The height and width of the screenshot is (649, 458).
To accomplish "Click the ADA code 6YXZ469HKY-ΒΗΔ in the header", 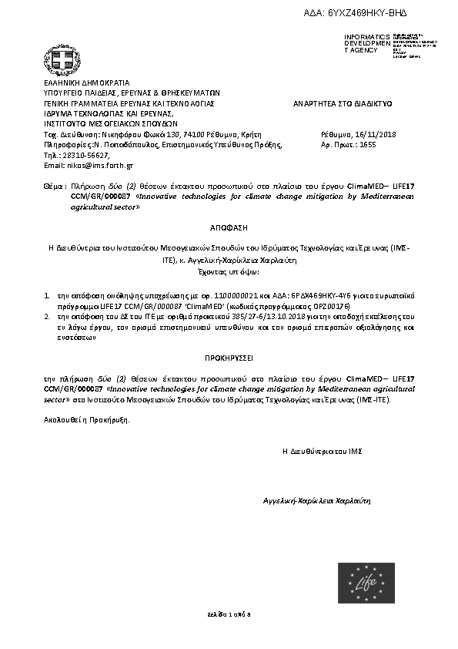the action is [367, 14].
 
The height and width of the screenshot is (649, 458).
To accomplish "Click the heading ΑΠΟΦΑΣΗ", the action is [229, 229].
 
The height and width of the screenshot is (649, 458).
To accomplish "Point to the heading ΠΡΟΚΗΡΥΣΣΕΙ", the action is [229, 358].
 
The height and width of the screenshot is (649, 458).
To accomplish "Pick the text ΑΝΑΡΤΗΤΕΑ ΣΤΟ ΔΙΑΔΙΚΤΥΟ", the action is [343, 102].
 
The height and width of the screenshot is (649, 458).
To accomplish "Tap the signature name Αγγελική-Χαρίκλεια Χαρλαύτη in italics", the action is [317, 499].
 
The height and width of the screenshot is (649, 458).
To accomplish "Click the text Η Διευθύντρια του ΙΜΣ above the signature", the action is [323, 449].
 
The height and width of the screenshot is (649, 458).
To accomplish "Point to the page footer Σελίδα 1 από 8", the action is [229, 614].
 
